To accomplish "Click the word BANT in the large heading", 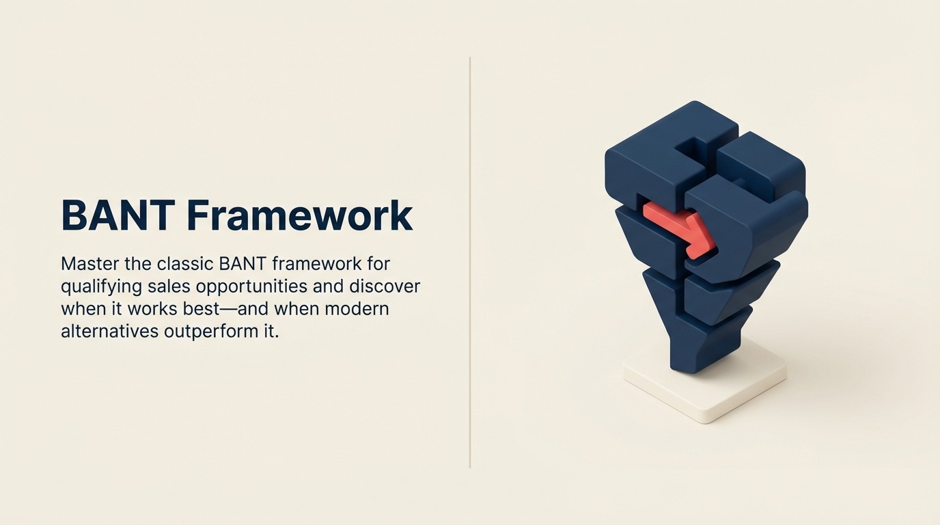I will tap(117, 215).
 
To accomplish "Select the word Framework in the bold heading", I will tap(299, 215).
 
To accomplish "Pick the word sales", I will tap(169, 286).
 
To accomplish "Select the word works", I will tap(152, 308).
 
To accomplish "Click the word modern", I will tap(357, 308).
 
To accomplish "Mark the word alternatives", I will tap(109, 332).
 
